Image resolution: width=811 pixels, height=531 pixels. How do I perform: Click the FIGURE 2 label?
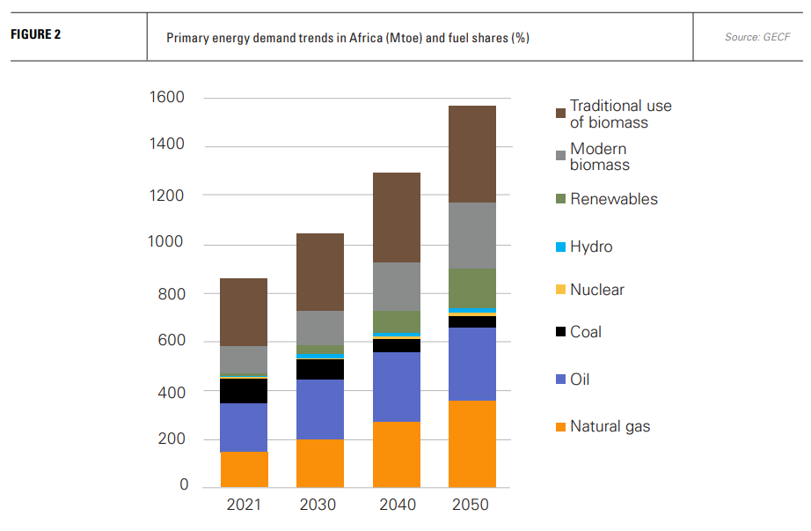[36, 36]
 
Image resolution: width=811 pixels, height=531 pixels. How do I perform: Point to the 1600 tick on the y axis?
[166, 97]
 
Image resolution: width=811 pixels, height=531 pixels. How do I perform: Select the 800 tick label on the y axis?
[171, 293]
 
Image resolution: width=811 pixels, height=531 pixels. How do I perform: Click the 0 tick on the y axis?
[183, 484]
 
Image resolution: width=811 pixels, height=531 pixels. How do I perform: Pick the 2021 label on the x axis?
[244, 505]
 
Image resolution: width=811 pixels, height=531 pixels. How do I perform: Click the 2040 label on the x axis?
[396, 505]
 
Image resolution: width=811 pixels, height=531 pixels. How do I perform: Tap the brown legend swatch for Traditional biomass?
[559, 114]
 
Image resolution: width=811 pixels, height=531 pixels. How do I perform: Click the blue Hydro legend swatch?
[559, 247]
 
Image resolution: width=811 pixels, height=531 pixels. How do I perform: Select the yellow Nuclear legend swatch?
[559, 291]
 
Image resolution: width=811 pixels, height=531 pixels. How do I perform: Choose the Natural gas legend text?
[610, 427]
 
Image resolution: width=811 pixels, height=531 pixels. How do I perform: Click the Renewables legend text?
[613, 199]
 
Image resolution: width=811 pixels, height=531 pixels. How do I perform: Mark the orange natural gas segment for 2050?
[471, 444]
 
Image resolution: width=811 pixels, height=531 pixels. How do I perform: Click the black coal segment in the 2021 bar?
[244, 391]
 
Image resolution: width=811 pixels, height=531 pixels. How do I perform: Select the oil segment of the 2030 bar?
[319, 409]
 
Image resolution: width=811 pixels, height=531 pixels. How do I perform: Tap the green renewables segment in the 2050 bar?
[471, 288]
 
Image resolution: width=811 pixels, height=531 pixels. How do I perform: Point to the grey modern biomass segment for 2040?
[396, 286]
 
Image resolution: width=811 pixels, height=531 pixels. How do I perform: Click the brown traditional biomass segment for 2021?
[244, 312]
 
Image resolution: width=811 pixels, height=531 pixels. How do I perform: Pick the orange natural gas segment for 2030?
[319, 463]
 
